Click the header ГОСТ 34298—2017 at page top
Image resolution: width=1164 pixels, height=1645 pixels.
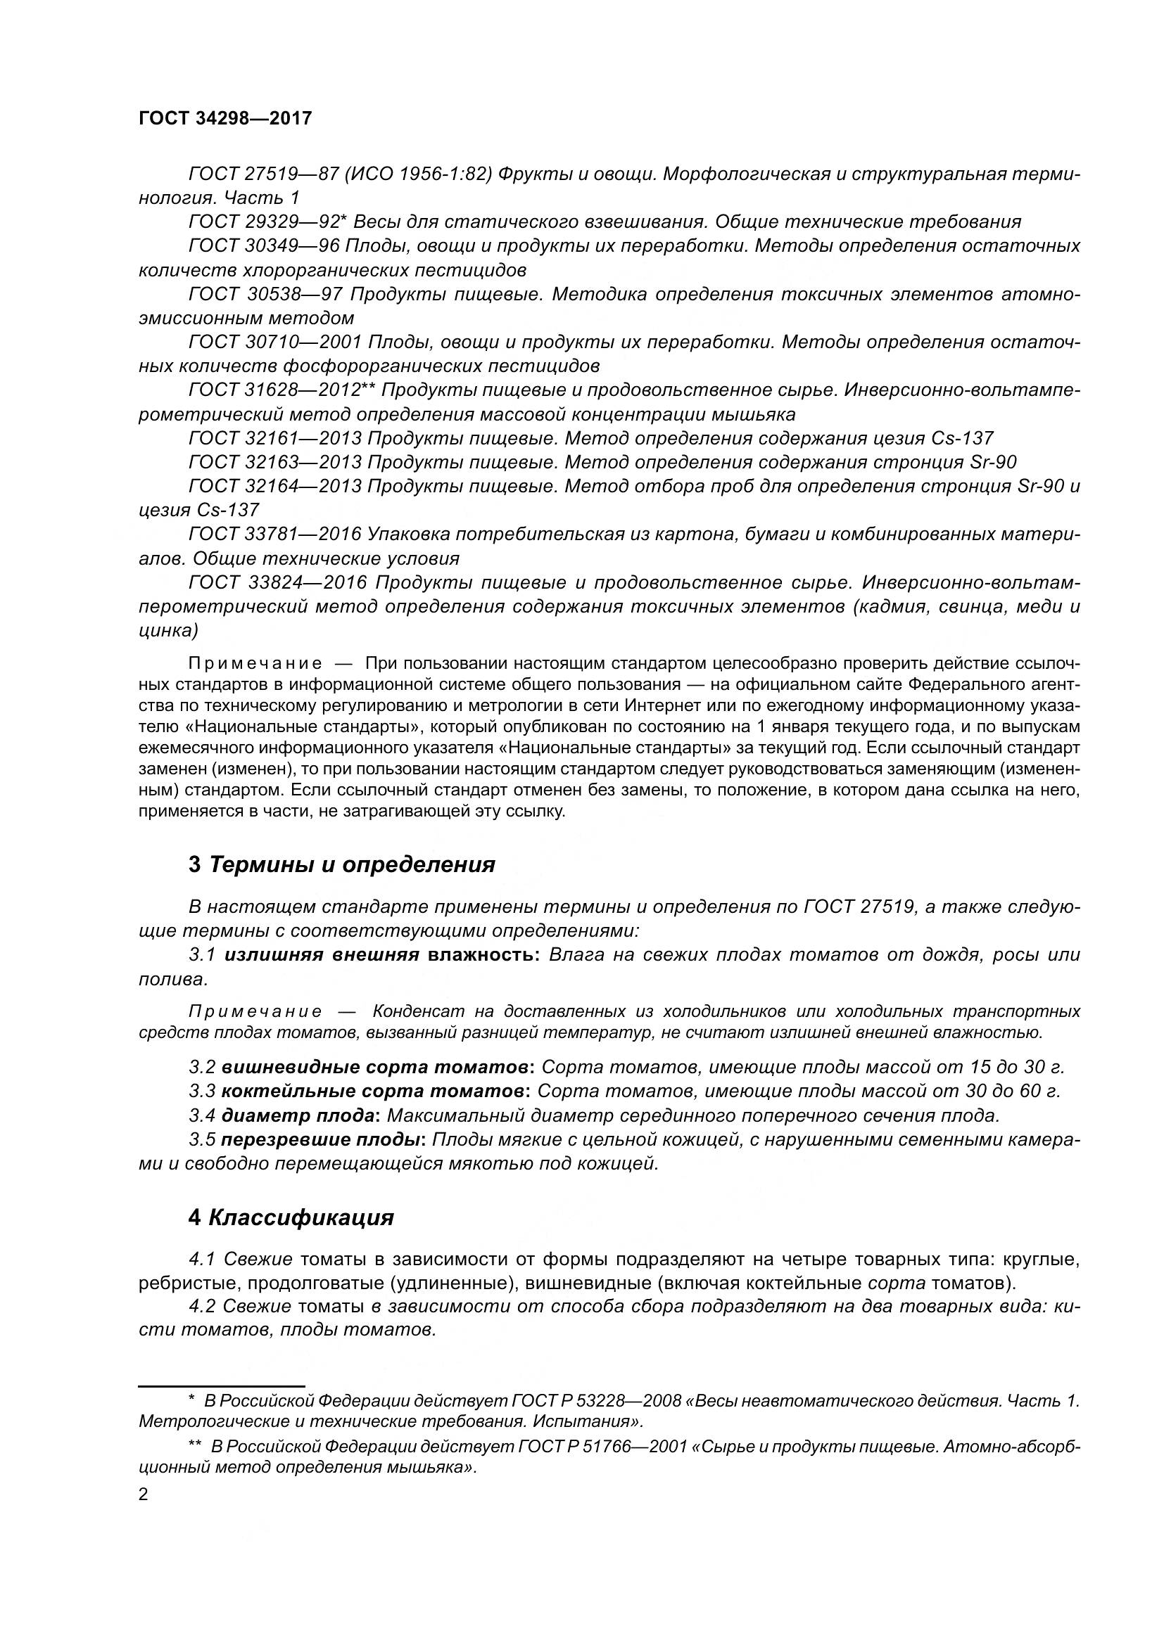point(225,119)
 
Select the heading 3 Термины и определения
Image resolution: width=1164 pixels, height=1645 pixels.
point(341,865)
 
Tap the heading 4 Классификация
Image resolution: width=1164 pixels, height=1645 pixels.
point(291,1218)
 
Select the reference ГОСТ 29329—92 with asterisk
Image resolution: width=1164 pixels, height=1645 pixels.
point(267,222)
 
